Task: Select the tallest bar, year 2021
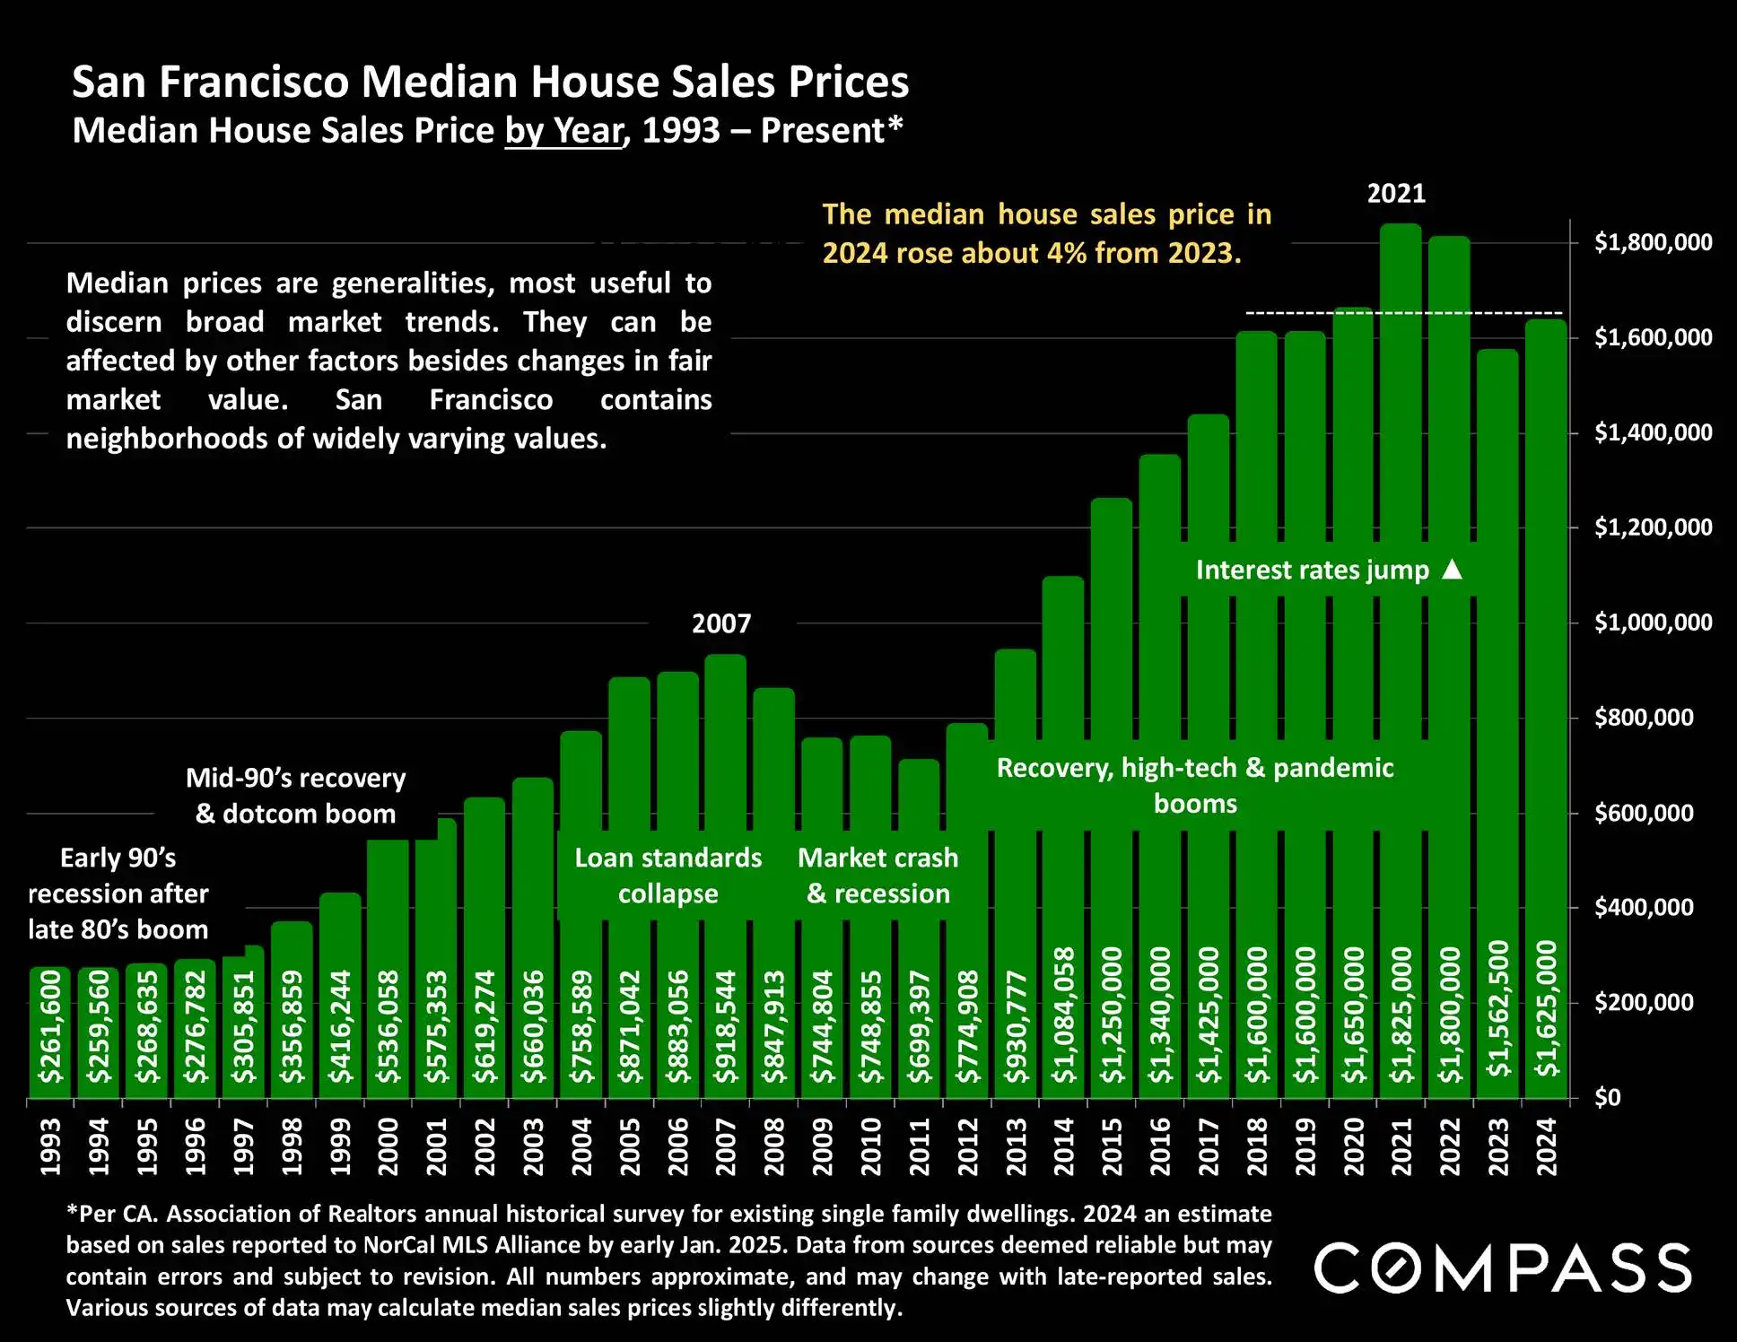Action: [1401, 449]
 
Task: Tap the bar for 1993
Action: [49, 1032]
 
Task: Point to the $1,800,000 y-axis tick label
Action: [1653, 242]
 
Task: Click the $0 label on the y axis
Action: [1607, 1098]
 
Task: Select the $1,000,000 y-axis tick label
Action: [1653, 623]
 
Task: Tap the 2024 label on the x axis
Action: [1547, 1146]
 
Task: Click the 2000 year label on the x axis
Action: [388, 1146]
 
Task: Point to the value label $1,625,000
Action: [1547, 1008]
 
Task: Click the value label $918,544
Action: [725, 1026]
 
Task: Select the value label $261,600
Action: [50, 1026]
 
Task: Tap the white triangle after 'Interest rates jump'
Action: [1452, 570]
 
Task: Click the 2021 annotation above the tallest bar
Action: [1396, 194]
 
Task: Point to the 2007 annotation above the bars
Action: [721, 623]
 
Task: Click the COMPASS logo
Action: [1503, 1268]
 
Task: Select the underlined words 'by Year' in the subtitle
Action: [563, 131]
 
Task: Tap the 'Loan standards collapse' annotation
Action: [668, 876]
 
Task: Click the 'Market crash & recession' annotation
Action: [877, 876]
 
